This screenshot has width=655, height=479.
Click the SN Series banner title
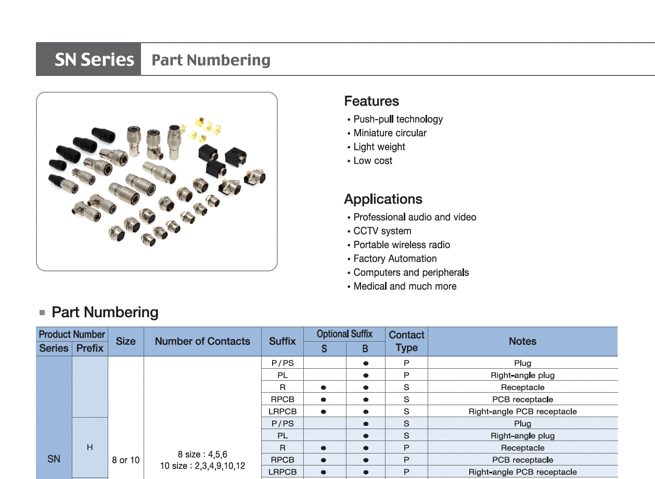tap(94, 60)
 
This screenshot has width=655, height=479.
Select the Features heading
tap(371, 101)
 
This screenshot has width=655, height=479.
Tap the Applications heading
tap(383, 199)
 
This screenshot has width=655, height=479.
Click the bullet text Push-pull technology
tap(398, 119)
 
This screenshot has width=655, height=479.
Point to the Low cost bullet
tap(373, 161)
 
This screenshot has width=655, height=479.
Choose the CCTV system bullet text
tap(382, 231)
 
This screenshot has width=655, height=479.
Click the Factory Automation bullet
tap(395, 258)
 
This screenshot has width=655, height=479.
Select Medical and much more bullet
tap(405, 286)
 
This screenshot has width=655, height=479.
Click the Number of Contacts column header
tap(202, 342)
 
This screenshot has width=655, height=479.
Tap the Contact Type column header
tap(406, 342)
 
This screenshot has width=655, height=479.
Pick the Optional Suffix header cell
tap(344, 334)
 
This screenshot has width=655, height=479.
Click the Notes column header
tap(522, 342)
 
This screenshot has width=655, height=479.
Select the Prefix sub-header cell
tap(90, 348)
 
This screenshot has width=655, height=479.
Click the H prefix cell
tap(90, 447)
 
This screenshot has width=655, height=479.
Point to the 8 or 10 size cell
tap(126, 460)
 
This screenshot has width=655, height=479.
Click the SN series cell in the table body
tap(54, 459)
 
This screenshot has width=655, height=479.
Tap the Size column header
tap(126, 342)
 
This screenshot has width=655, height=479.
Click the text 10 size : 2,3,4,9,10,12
tap(202, 466)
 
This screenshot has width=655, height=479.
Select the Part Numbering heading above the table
tap(105, 313)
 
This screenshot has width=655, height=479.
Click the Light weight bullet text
tap(379, 147)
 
